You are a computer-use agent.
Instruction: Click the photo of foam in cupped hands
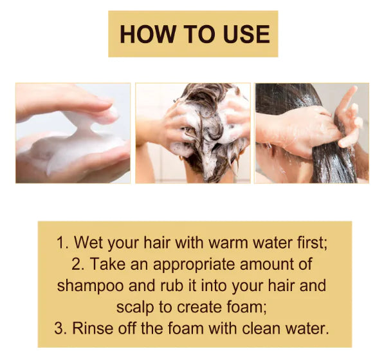pos(73,133)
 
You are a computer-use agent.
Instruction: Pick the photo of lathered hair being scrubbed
pos(192,133)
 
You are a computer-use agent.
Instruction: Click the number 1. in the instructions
pos(62,243)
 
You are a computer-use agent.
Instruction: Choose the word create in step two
pos(204,307)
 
